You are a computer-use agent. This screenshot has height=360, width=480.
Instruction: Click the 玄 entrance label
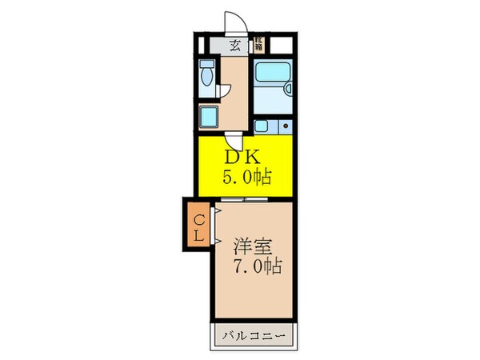[x=235, y=46]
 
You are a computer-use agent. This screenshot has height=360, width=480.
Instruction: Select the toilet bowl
[x=207, y=77]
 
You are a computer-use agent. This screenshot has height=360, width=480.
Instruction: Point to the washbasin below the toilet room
[x=208, y=118]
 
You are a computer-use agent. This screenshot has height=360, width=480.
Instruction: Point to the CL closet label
[x=197, y=225]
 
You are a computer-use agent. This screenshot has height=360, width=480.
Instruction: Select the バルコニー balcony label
[x=254, y=334]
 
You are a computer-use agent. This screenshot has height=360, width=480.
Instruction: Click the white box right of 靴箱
[x=280, y=45]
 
